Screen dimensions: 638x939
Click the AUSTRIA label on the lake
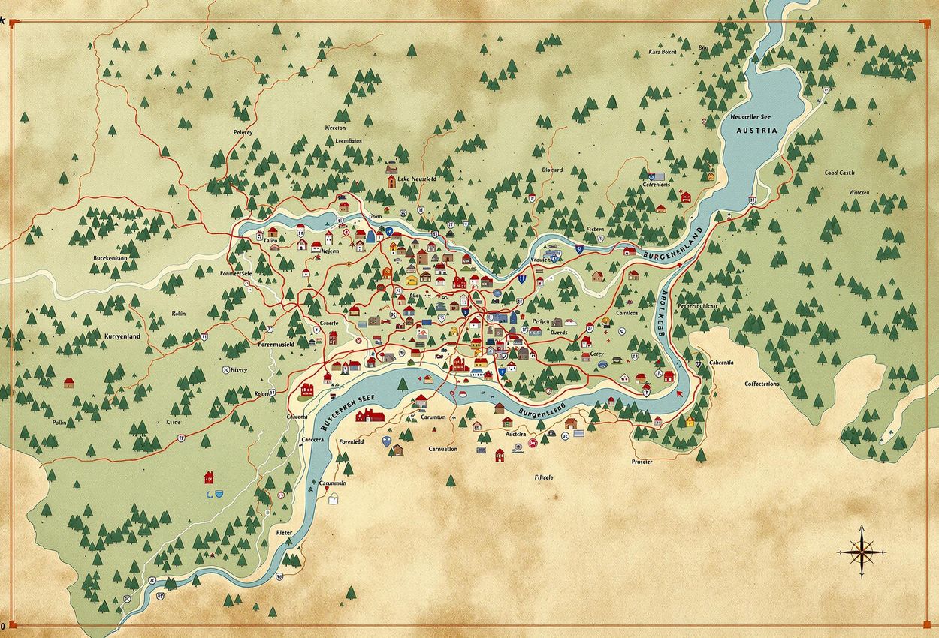coord(757,130)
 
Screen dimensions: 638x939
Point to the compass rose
coord(862,552)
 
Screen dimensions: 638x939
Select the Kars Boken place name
coord(663,52)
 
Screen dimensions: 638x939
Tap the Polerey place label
coord(243,132)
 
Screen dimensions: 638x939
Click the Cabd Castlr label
coord(839,173)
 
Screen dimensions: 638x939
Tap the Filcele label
coord(544,477)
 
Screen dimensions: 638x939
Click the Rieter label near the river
coord(284,532)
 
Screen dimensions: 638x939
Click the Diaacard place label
coord(551,170)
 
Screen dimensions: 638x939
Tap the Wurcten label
coord(859,192)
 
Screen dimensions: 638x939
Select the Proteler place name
coord(642,462)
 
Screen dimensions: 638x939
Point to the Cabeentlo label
coord(721,363)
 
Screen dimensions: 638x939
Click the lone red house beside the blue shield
coord(208,476)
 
